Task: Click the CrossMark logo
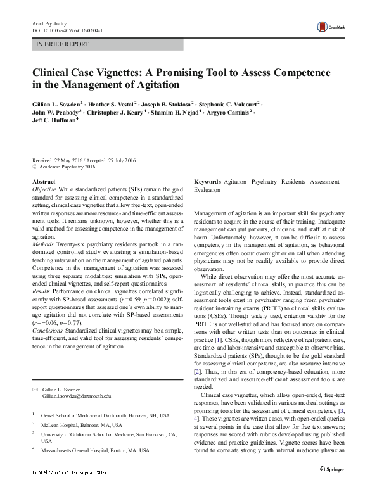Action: coord(328,27)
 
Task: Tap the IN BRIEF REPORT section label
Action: coord(63,44)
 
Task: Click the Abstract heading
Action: coord(43,182)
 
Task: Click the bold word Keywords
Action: coord(207,182)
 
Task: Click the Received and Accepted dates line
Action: coord(82,160)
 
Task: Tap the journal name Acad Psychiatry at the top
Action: coord(49,23)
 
